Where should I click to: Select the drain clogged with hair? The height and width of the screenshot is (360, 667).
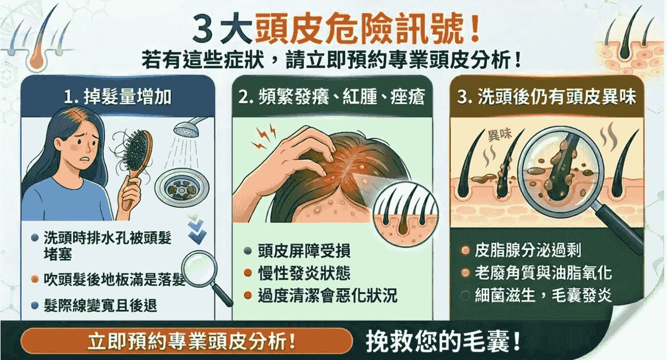182,188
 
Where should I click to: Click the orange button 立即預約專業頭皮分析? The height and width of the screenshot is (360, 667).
187,341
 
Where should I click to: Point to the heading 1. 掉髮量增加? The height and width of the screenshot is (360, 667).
118,97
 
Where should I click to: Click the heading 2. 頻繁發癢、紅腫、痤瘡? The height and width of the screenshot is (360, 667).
332,97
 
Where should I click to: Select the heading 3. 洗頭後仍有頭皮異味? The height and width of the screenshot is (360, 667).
547,97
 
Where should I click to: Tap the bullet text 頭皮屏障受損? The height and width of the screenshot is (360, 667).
304,251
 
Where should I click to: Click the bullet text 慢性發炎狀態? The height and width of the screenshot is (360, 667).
304,273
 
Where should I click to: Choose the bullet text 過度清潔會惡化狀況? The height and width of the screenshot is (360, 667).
327,296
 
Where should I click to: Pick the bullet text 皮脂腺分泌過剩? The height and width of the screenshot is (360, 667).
527,250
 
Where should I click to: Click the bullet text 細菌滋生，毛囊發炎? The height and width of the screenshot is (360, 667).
543,295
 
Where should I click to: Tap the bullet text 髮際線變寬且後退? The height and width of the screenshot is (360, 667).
100,305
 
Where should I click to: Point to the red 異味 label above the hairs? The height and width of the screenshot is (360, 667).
500,136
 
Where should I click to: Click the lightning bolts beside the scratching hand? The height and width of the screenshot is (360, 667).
264,137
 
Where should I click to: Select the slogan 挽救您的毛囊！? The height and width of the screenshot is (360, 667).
443,342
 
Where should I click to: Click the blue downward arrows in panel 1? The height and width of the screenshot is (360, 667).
197,229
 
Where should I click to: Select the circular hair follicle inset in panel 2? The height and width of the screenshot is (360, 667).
406,214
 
